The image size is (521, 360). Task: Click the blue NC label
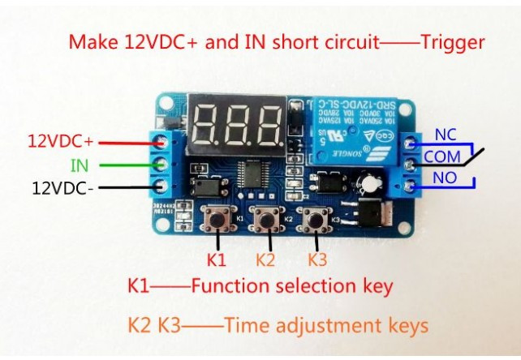(x=446, y=135)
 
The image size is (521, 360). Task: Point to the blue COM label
(x=441, y=156)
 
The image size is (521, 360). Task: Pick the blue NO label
(x=445, y=175)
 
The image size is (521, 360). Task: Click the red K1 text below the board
(x=216, y=260)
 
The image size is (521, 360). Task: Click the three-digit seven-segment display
(x=236, y=125)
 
